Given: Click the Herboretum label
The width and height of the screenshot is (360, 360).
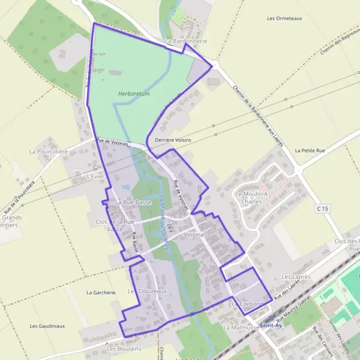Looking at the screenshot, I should pyautogui.click(x=134, y=94).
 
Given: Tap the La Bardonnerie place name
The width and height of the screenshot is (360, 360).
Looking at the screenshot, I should pyautogui.click(x=186, y=41).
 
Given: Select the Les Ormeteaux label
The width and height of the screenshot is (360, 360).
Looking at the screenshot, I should pyautogui.click(x=285, y=18).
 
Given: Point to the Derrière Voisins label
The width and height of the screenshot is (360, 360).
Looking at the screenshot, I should pyautogui.click(x=173, y=139).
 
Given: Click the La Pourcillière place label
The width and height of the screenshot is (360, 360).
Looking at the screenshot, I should pyautogui.click(x=49, y=152).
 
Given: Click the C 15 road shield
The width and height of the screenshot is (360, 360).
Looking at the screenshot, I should pyautogui.click(x=323, y=208).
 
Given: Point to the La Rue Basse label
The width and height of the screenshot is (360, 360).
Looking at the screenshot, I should pyautogui.click(x=133, y=203).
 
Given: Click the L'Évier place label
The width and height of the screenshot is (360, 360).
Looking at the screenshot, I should pyautogui.click(x=96, y=177).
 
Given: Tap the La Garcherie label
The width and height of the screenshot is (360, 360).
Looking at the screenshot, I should pyautogui.click(x=100, y=293).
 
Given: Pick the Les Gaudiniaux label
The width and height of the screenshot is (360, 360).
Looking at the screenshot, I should pyautogui.click(x=47, y=326).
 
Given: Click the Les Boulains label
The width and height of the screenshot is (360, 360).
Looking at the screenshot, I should pyautogui.click(x=124, y=348).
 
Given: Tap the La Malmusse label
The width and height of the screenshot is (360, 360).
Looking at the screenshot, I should pyautogui.click(x=241, y=328).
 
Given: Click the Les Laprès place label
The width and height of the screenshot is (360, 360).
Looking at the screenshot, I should pyautogui.click(x=296, y=277).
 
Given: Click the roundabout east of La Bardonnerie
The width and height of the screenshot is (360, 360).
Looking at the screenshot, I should pyautogui.click(x=215, y=65).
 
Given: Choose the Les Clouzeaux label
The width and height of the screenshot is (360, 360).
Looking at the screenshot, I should pyautogui.click(x=146, y=291).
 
